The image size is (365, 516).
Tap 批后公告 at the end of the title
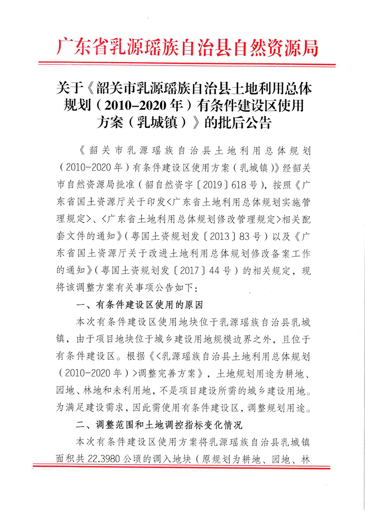coord(247,122)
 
